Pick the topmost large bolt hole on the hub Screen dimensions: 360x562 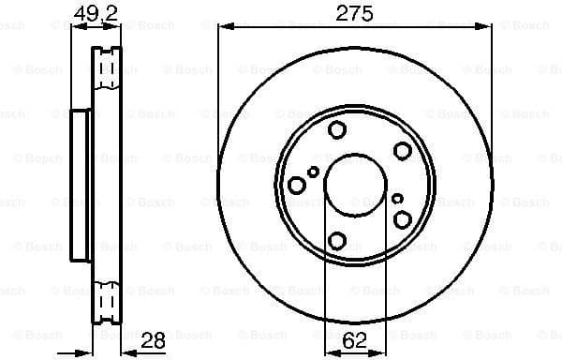pos(338,131)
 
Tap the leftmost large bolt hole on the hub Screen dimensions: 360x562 pos(297,186)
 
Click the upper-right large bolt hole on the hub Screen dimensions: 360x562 pos(403,151)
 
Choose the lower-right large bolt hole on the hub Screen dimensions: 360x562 pos(403,219)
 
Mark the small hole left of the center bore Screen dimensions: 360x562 pos(313,172)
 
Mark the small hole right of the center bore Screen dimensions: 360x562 pos(397,199)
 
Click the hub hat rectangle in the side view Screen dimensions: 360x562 pos(81,186)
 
